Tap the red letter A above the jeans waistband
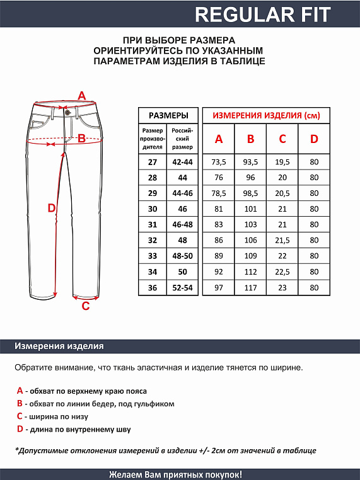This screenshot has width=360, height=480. click(81, 96)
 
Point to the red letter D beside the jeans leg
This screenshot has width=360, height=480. click(52, 208)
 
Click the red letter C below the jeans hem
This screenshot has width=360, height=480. click(86, 307)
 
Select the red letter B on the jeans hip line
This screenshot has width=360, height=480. click(81, 139)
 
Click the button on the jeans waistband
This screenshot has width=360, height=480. click(67, 113)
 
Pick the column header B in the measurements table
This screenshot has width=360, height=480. click(250, 139)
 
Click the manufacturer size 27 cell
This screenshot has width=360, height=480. click(152, 163)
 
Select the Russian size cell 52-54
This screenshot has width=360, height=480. click(183, 287)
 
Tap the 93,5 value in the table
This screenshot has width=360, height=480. click(250, 163)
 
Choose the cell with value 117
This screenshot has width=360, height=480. click(250, 287)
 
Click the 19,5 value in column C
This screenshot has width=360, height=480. click(282, 163)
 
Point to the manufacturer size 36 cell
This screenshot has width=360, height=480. click(152, 287)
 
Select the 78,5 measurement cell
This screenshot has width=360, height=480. click(218, 193)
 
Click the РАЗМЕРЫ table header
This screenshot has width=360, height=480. click(168, 116)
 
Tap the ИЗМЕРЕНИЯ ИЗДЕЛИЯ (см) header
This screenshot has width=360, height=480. click(266, 116)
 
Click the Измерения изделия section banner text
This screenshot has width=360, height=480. click(59, 346)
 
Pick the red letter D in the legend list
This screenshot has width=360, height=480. click(20, 429)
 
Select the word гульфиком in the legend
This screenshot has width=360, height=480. click(153, 404)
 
